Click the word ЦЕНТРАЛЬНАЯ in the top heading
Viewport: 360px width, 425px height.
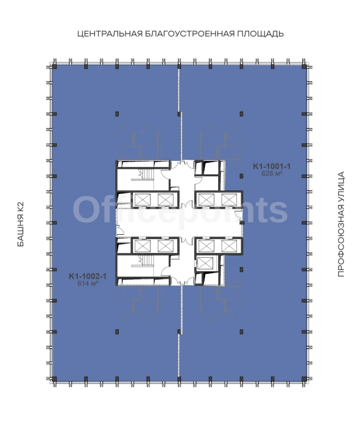point(110,34)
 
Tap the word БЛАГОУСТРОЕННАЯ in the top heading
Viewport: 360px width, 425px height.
point(189,34)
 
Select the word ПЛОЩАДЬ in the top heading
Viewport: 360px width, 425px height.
point(260,34)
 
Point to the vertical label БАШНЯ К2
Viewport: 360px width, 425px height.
point(21,224)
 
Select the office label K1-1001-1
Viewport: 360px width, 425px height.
point(272,166)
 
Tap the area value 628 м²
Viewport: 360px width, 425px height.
point(272,173)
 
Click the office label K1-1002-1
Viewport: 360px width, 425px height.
point(88,276)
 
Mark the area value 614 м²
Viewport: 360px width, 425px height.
point(88,284)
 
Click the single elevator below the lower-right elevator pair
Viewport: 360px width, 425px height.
point(205,263)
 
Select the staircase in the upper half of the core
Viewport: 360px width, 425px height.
point(146,174)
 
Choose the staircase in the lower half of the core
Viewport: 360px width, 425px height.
point(146,261)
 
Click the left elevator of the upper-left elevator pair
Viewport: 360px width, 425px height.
point(143,200)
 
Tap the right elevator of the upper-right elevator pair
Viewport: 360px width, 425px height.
point(229,200)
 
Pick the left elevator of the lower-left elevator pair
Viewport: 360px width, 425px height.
point(143,246)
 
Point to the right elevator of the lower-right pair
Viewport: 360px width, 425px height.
point(229,246)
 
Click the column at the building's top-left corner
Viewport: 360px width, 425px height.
point(54,66)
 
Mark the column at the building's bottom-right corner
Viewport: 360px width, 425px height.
point(304,379)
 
